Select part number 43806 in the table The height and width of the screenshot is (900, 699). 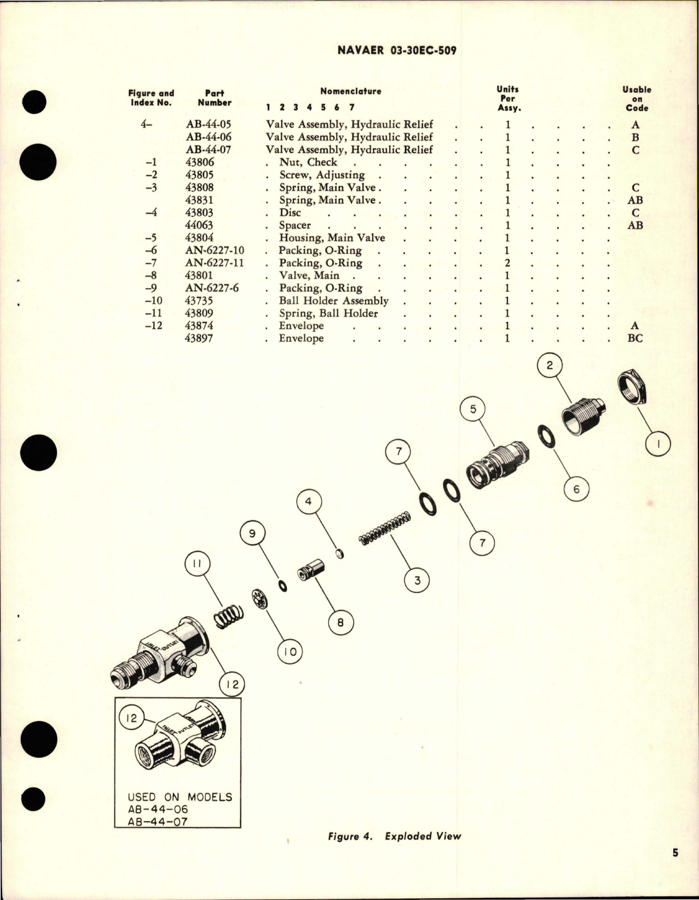point(200,162)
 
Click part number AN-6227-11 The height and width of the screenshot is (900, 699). point(215,263)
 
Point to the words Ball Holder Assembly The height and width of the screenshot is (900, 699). point(333,301)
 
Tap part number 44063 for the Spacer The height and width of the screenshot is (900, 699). point(200,225)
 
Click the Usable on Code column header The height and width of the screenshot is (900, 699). point(637,99)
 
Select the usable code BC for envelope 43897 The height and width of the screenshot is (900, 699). point(635,339)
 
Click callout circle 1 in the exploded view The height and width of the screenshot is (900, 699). point(658,444)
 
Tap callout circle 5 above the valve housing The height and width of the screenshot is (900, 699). point(473,409)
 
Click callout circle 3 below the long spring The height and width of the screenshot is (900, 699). point(418,580)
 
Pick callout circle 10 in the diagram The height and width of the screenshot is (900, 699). point(290,651)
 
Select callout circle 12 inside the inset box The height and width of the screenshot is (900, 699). point(131,717)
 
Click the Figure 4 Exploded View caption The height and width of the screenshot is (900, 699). point(394,836)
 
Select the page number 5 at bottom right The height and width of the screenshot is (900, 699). point(675,868)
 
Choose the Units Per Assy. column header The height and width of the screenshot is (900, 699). point(508,98)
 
